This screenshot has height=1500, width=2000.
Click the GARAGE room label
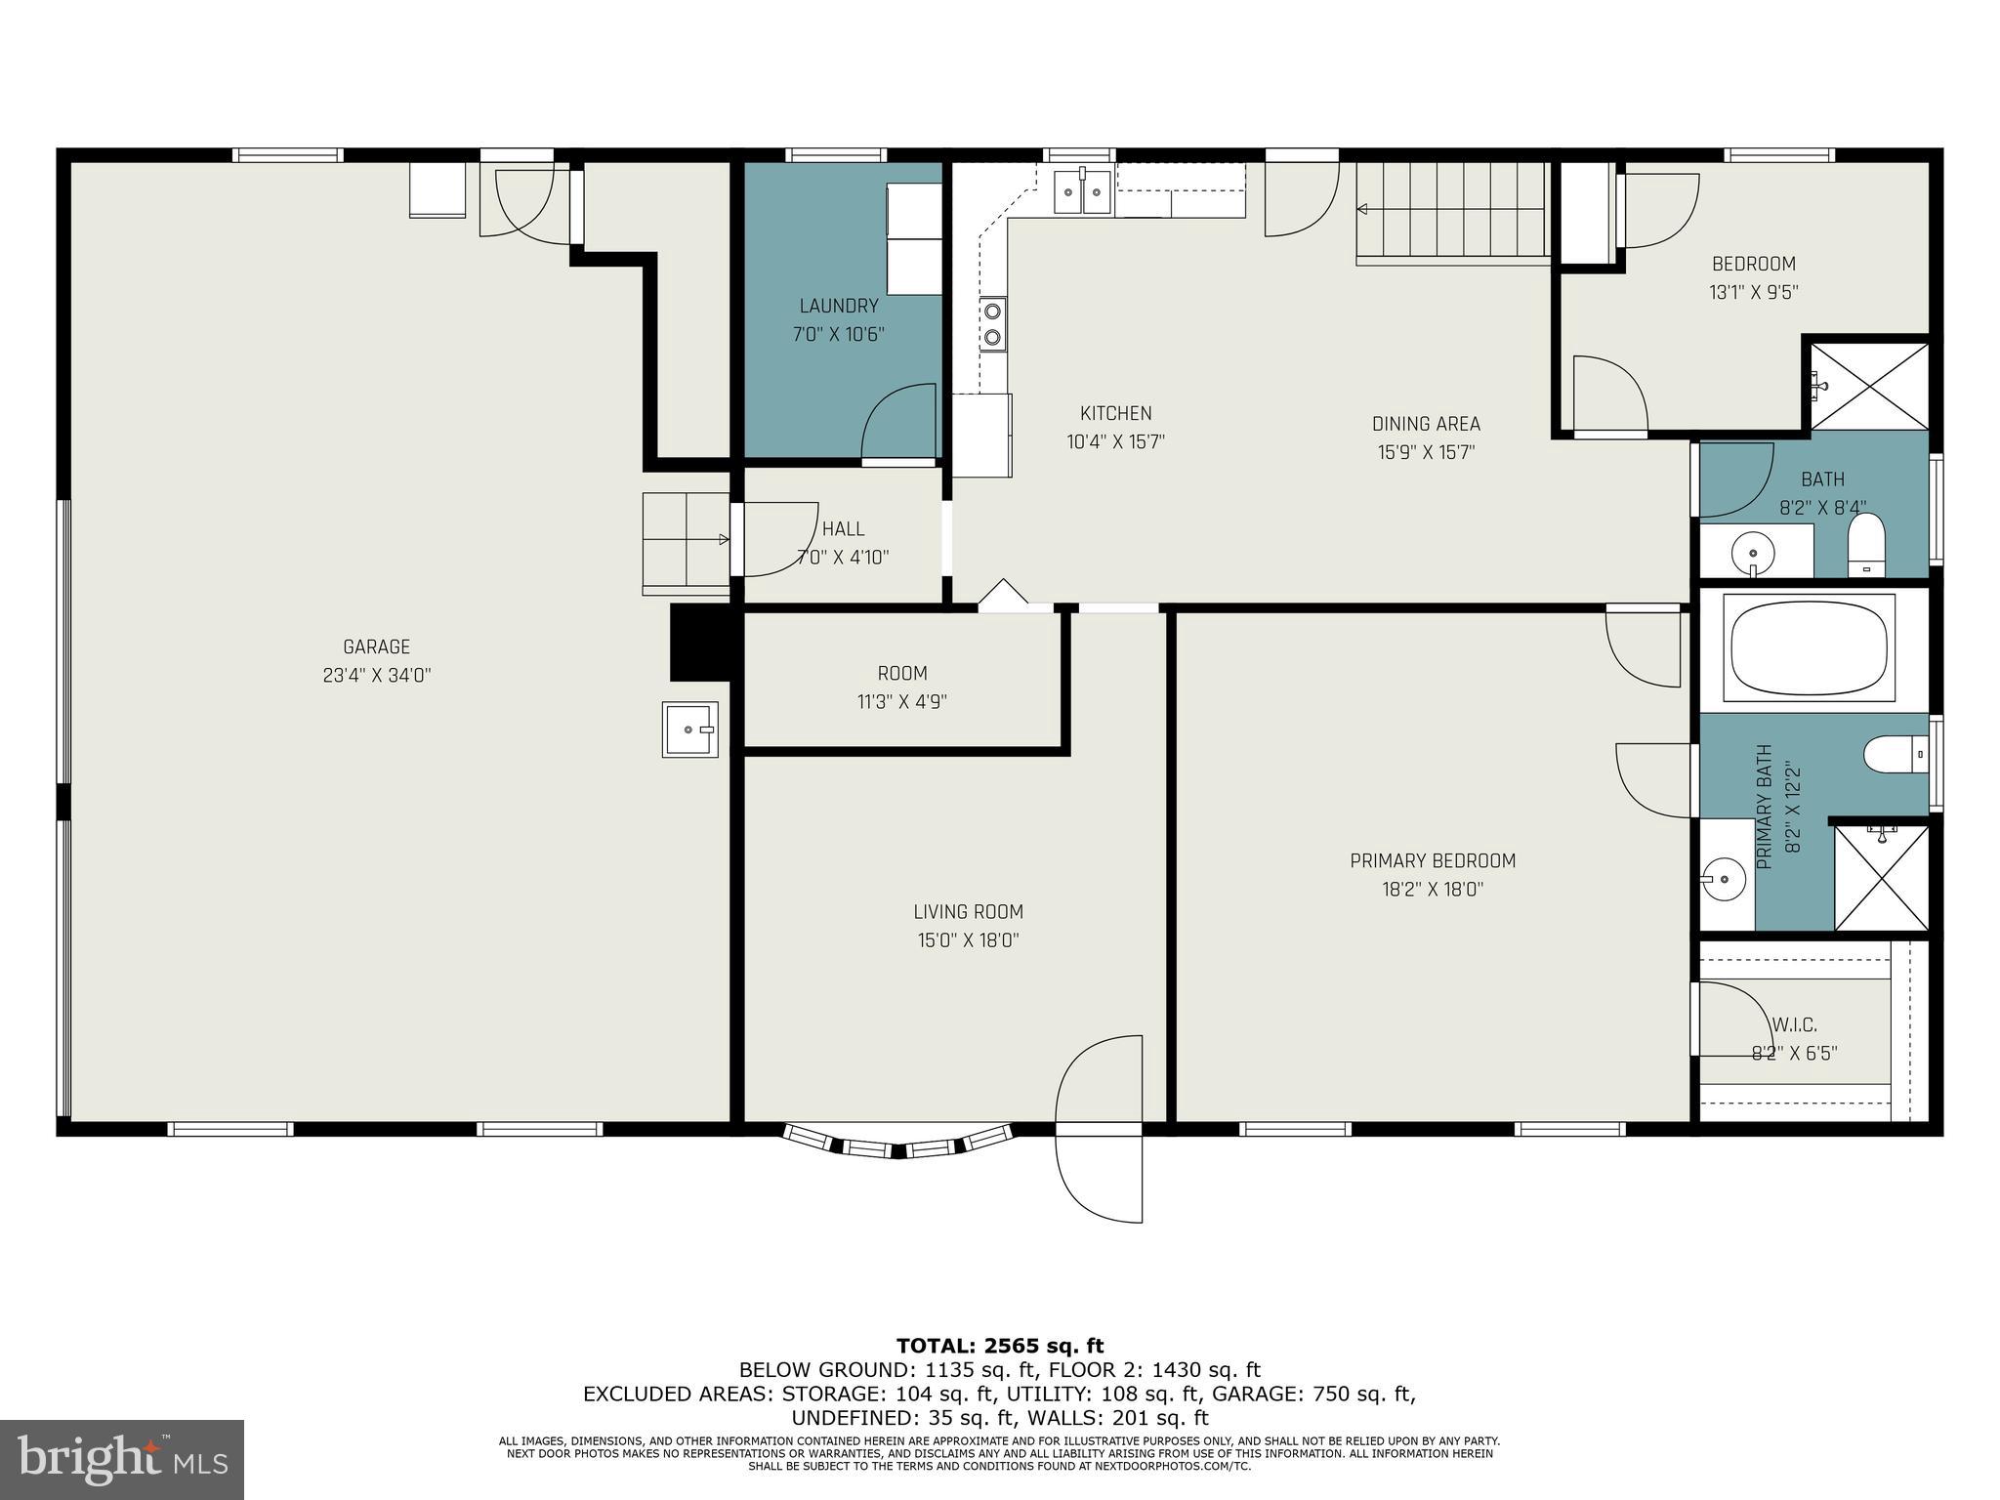376,646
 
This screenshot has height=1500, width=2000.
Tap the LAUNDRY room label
838,306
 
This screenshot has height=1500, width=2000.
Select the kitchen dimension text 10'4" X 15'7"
1115,442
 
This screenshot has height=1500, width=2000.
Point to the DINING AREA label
1426,424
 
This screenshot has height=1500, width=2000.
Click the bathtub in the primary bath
1809,647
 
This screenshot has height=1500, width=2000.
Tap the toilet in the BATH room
1865,545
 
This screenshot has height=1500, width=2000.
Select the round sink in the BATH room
1752,554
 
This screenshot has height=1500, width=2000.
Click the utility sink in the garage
690,729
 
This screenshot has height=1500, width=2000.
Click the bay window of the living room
898,1144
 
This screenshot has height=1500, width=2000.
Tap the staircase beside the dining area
1451,212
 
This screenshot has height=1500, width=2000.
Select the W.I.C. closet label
1794,1024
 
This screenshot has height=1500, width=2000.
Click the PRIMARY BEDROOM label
1432,860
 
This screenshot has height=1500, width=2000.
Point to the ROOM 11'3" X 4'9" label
901,673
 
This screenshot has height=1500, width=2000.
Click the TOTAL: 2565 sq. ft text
999,1346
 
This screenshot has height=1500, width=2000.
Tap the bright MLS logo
121,1459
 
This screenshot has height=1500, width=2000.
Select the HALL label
843,528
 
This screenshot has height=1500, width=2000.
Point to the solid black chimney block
700,642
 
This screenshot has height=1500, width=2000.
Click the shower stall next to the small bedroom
1868,385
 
